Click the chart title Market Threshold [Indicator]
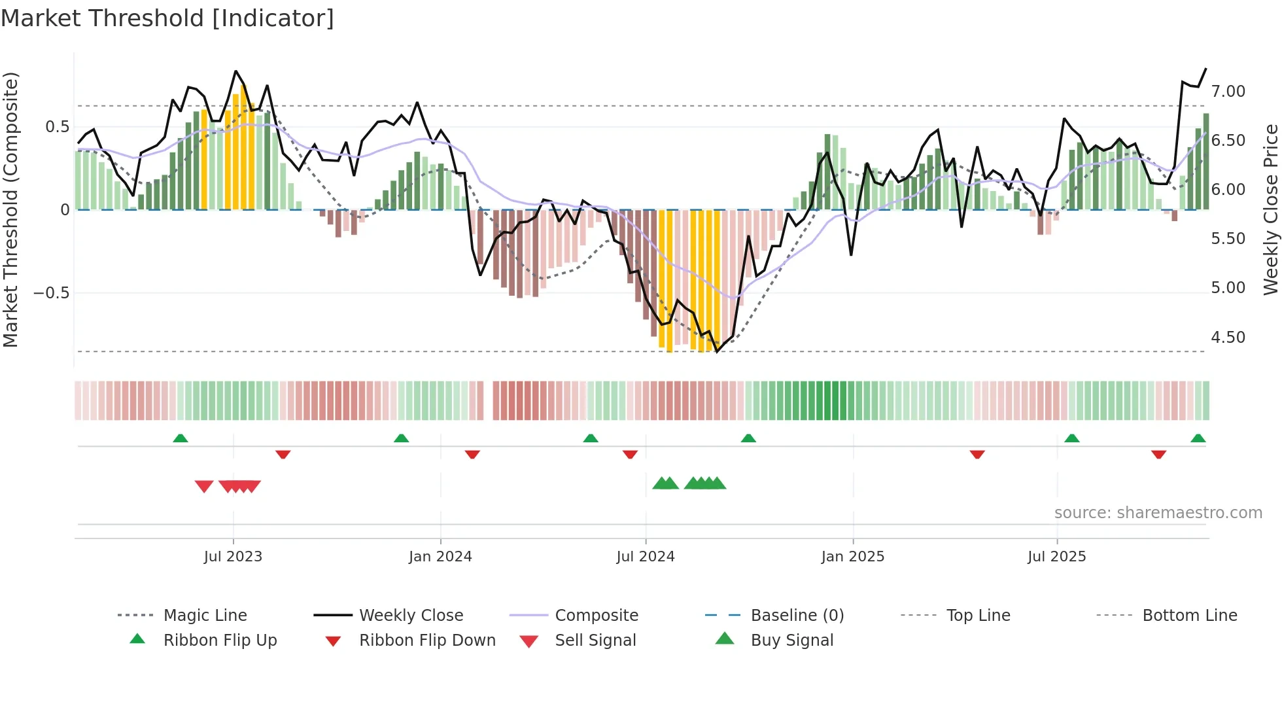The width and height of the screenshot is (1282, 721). (167, 18)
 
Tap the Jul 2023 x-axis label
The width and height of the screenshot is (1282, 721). (233, 557)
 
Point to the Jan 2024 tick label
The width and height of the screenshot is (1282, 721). (440, 557)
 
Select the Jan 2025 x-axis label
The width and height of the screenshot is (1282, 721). (853, 557)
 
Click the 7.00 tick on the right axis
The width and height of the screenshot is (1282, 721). (1228, 92)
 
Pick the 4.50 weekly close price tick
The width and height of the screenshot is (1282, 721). (1228, 338)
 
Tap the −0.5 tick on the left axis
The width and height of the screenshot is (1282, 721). (52, 293)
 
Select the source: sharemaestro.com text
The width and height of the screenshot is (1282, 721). (1158, 513)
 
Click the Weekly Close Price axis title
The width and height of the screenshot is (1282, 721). (1270, 209)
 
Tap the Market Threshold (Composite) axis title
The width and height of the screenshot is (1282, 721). (10, 209)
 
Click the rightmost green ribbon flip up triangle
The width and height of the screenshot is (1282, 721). (1198, 438)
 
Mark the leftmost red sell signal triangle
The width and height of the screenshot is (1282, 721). (204, 487)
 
